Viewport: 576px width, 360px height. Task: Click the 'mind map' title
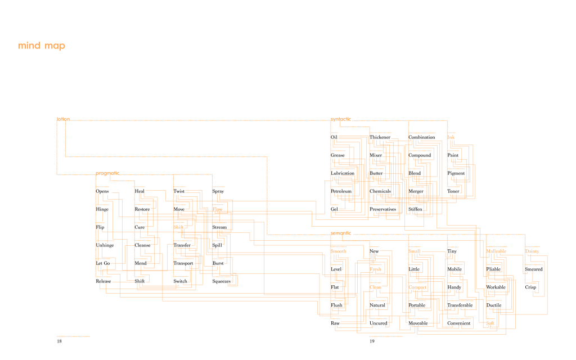coord(41,46)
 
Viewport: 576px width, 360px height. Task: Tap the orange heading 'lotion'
coord(63,119)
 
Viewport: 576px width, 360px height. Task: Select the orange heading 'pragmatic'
coord(107,173)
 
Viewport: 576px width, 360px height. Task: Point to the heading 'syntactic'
coord(340,119)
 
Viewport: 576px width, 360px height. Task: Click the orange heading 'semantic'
coord(340,233)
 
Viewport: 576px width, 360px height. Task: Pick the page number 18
coord(59,341)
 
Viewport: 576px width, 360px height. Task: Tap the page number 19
coord(372,341)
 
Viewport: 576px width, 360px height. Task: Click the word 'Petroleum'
coord(341,191)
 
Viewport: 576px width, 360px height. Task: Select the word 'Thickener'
coord(380,137)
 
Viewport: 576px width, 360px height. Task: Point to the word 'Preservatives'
coord(382,209)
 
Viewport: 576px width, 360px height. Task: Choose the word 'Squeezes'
coord(221,281)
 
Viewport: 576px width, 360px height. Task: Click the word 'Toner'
coord(453,191)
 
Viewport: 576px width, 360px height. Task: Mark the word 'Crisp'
coord(530,287)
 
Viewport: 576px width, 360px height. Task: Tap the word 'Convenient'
coord(458,323)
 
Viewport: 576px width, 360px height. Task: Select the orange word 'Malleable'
coord(496,251)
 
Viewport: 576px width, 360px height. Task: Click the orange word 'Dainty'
coord(532,251)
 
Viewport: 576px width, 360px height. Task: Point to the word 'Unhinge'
coord(105,245)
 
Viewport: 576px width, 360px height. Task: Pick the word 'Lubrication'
coord(343,173)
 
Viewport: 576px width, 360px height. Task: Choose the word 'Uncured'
coord(379,323)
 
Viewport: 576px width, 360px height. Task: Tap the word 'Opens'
coord(102,191)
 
